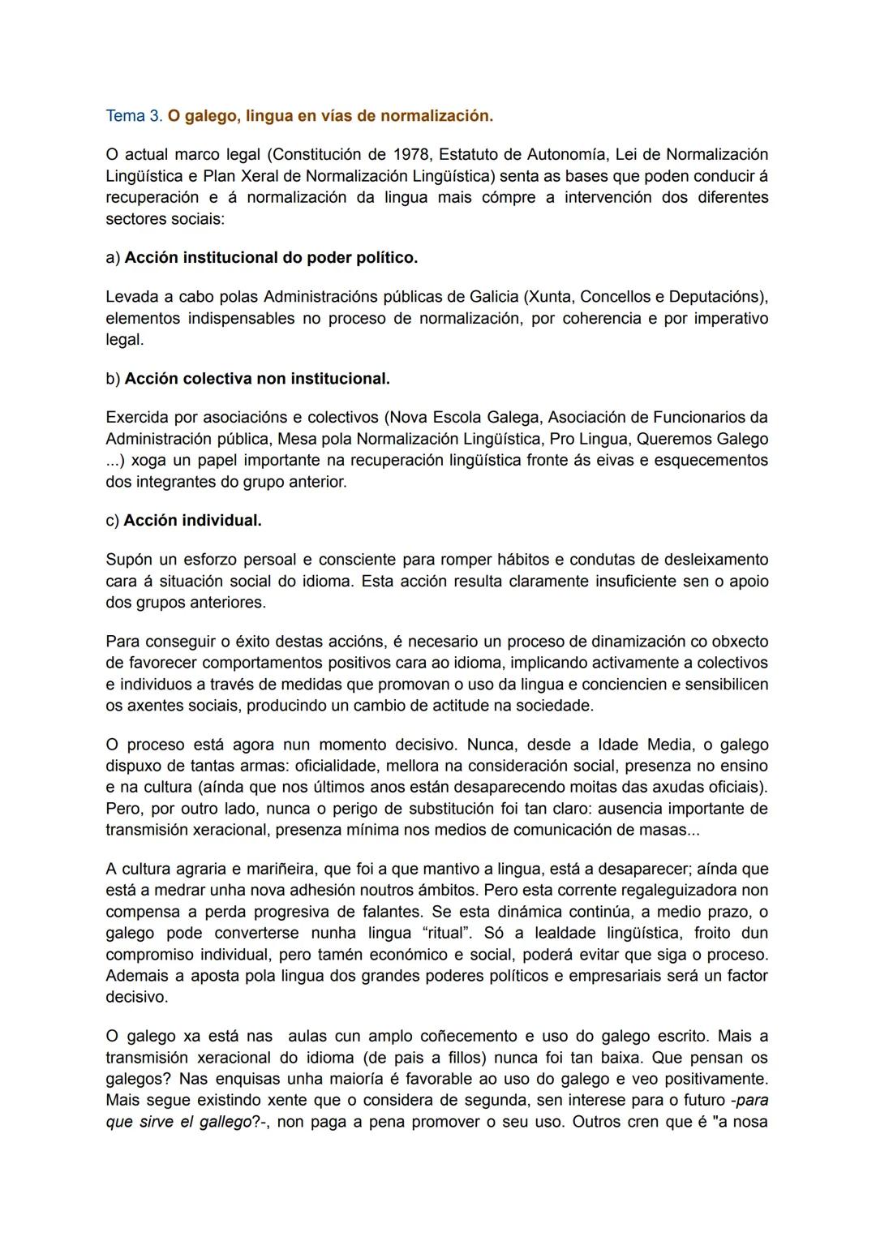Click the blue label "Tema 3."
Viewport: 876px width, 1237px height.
coord(134,116)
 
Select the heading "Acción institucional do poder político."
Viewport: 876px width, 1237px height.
coord(271,258)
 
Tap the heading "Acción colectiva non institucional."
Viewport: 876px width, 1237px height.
coord(257,379)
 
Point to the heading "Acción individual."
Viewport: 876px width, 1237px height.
coord(192,521)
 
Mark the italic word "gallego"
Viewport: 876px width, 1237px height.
coord(219,1122)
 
